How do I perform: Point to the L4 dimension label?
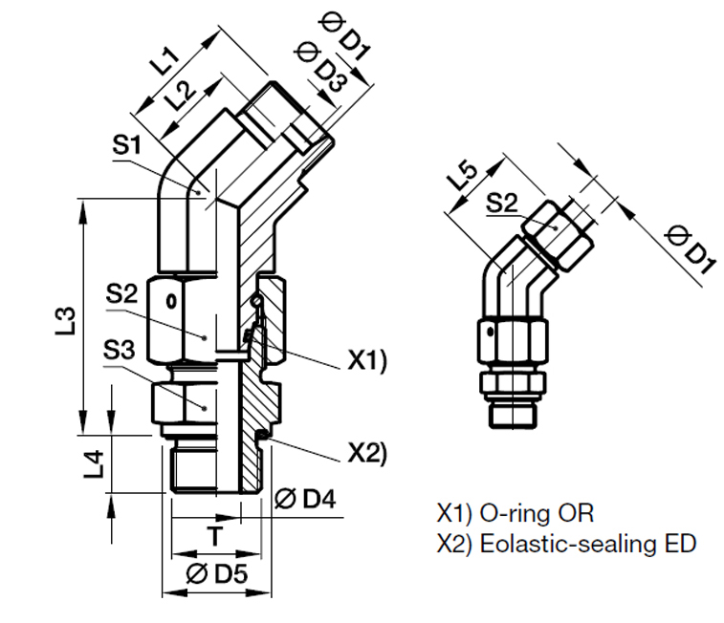click(x=94, y=463)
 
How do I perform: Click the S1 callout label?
click(x=126, y=146)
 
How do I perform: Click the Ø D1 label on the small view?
click(x=689, y=249)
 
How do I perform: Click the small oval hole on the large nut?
click(x=172, y=303)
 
